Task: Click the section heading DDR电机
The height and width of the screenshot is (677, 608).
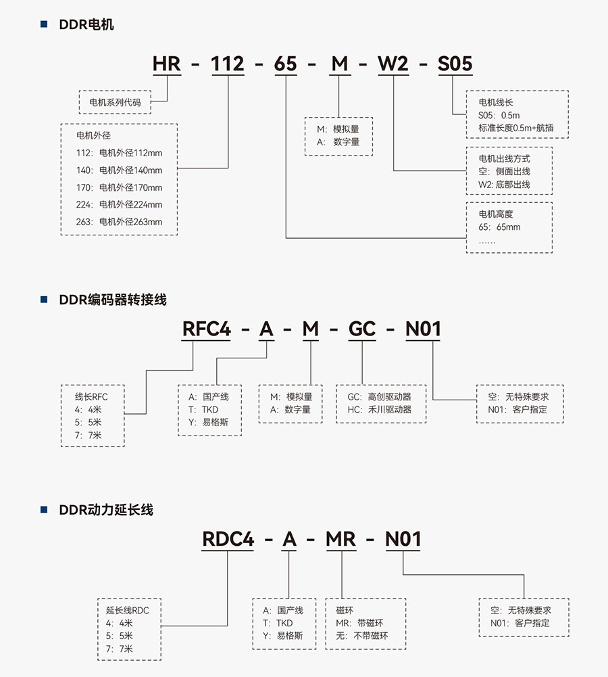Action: point(86,25)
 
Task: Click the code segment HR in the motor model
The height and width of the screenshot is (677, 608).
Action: point(166,64)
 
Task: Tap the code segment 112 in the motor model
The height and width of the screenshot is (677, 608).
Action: point(228,64)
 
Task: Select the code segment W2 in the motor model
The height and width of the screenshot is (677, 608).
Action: point(392,64)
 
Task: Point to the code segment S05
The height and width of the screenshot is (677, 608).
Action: point(455,64)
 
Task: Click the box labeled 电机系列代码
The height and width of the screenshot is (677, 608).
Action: point(114,103)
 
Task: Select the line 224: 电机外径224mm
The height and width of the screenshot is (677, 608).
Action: point(120,204)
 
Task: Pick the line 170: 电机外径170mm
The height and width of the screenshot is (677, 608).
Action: point(120,187)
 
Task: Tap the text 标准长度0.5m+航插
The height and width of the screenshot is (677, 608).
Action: point(514,128)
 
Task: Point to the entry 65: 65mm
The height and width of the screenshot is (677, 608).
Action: point(499,227)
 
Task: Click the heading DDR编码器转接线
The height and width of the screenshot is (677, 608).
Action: point(112,300)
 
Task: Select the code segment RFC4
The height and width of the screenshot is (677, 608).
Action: point(206,329)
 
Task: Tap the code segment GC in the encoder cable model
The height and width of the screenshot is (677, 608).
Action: point(362,329)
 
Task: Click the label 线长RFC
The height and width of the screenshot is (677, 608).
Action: point(91,396)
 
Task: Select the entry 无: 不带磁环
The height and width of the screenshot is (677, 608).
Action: point(361,636)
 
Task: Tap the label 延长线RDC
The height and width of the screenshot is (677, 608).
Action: point(128,610)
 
